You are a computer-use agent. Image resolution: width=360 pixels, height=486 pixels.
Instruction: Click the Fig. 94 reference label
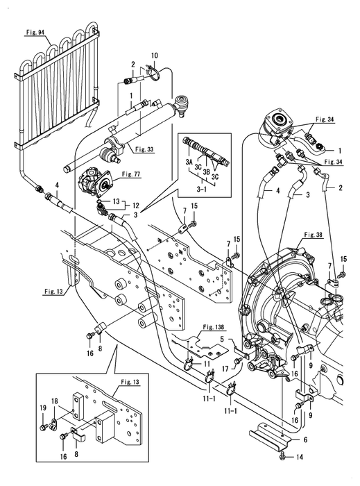coord(34,33)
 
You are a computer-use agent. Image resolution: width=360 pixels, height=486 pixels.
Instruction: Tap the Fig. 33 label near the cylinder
coord(144,149)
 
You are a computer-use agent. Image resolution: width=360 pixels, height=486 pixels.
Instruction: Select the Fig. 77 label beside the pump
coord(131,174)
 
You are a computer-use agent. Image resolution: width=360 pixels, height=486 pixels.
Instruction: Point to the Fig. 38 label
coord(314,235)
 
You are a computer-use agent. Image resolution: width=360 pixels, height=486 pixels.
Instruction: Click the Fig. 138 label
coord(214,327)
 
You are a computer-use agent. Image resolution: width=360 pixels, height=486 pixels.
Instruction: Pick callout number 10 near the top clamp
coord(155,56)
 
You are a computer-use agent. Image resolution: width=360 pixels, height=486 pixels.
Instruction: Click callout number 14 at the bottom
coord(300,457)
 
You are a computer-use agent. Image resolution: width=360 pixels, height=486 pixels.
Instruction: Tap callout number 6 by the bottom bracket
coord(305,439)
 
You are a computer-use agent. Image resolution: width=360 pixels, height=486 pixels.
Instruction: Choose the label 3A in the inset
coord(189,162)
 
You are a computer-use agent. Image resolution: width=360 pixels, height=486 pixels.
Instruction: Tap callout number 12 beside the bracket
coord(136,206)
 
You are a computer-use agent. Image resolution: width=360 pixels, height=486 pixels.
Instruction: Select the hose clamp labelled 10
coord(154,74)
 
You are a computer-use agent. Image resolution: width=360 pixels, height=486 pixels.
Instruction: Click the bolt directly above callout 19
coord(43,428)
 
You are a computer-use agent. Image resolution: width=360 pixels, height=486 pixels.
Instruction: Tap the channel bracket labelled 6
coord(270,433)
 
